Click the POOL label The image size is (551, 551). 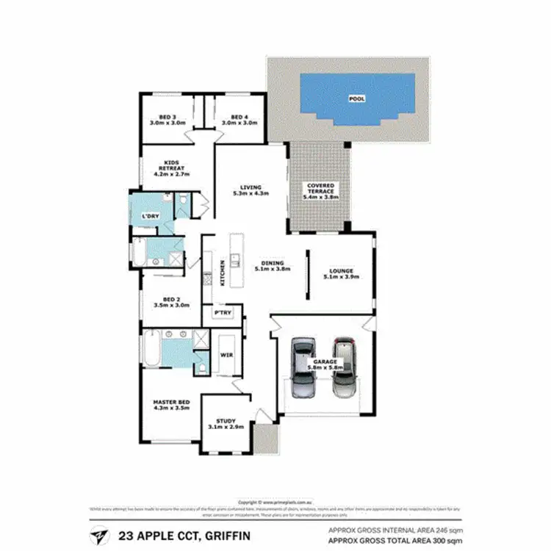356,98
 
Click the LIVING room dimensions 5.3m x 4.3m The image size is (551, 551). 251,193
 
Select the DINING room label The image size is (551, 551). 272,264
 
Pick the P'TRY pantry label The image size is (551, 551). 222,313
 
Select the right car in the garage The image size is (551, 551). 343,367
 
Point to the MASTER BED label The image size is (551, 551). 171,402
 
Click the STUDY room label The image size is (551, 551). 226,421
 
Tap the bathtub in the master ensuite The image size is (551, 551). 150,349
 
